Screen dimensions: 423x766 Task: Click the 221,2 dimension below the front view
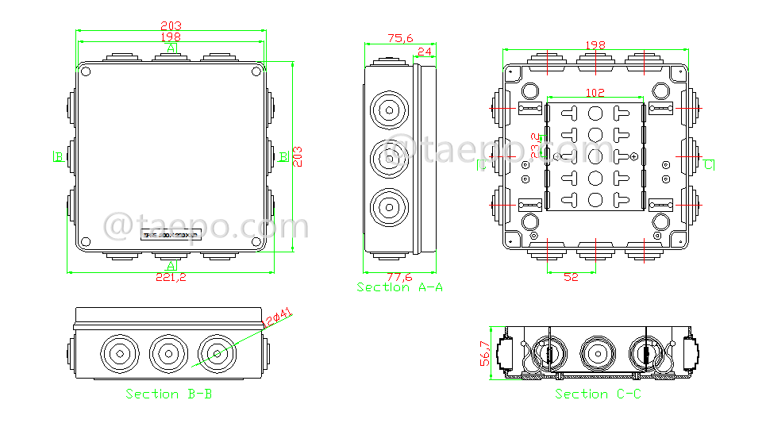(171, 277)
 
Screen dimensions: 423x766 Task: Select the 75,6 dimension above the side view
(399, 37)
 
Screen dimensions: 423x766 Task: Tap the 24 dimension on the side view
(425, 52)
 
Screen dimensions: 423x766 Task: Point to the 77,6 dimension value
(399, 277)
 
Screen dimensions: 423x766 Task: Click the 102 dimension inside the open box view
(595, 93)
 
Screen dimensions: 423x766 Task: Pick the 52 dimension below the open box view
(571, 276)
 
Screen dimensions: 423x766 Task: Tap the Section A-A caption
(399, 287)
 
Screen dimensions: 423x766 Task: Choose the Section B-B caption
(169, 394)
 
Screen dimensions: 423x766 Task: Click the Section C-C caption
(598, 394)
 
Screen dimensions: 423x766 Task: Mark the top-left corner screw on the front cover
(87, 73)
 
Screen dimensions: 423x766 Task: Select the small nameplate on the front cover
(172, 234)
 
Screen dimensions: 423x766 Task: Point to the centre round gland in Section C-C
(596, 352)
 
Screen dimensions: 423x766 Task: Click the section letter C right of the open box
(708, 165)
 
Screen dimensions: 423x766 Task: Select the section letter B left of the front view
(58, 156)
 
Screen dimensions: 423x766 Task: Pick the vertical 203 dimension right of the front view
(298, 156)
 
